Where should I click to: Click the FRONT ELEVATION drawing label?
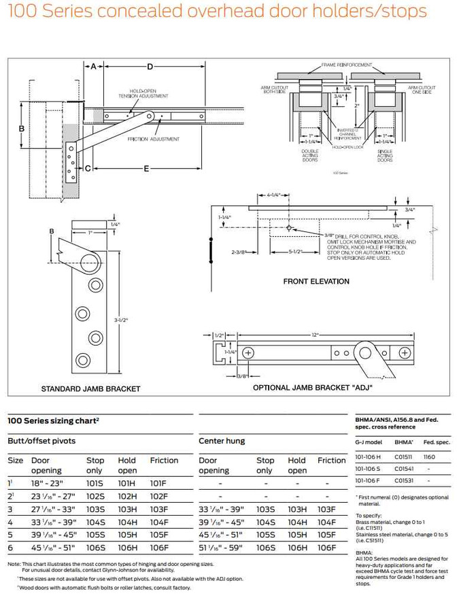tap(316, 281)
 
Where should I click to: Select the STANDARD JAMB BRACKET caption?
tap(90, 388)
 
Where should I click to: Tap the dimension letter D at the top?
tap(150, 66)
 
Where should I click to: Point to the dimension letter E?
tap(146, 168)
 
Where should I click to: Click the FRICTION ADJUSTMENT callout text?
tap(154, 139)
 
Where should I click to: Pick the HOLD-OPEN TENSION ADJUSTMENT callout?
tap(149, 93)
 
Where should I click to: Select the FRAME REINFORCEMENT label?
tap(346, 65)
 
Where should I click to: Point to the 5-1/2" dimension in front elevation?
tap(294, 252)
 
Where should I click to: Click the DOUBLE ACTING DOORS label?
tap(309, 155)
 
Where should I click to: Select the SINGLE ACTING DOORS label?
tap(385, 155)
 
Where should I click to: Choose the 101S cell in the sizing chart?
tap(95, 482)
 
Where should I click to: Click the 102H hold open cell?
tap(127, 496)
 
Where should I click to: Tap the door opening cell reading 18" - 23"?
tap(48, 482)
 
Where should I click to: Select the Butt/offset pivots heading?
tap(41, 441)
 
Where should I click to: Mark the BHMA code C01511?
tap(404, 457)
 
